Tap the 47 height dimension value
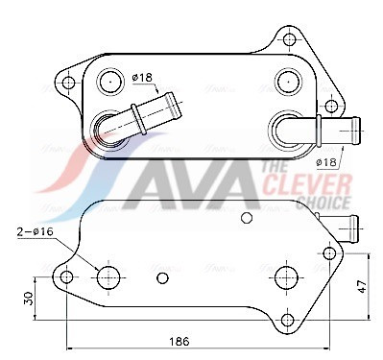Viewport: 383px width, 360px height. pos(362,286)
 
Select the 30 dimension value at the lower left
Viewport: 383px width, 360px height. pos(29,299)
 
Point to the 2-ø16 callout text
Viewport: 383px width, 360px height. pos(35,231)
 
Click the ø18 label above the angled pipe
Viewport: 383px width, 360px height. pos(142,78)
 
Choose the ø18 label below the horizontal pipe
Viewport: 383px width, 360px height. pos(326,162)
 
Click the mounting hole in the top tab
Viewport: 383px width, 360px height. pos(289,39)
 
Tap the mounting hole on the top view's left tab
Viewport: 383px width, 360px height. pos(68,84)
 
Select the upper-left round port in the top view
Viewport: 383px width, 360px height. pos(110,82)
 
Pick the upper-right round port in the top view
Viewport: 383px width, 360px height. pos(289,82)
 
